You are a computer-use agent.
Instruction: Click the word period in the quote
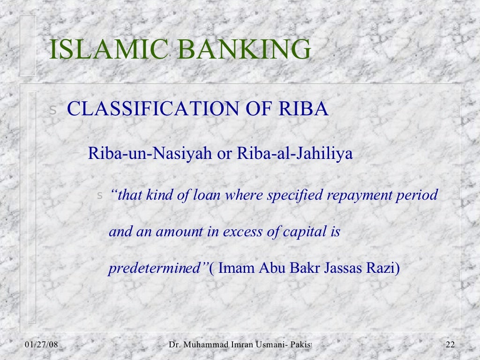click(418, 195)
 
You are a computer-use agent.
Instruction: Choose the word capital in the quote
click(301, 232)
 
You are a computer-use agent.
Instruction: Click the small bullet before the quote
click(99, 195)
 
